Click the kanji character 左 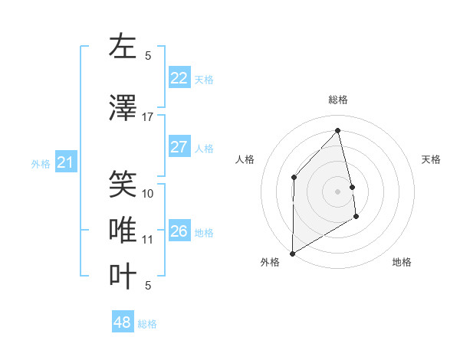click(122, 47)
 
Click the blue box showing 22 click(179, 77)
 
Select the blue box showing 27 click(179, 147)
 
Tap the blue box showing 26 click(179, 231)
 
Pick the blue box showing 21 click(66, 162)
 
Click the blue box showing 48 click(123, 322)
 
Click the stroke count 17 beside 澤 click(148, 117)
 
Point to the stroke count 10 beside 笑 click(148, 194)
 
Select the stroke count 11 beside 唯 click(148, 240)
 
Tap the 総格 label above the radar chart click(337, 100)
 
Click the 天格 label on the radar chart click(431, 159)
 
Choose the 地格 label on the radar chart click(402, 262)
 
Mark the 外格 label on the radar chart click(270, 262)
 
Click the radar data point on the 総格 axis click(337, 130)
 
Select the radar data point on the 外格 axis click(292, 253)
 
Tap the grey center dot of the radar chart click(337, 191)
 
